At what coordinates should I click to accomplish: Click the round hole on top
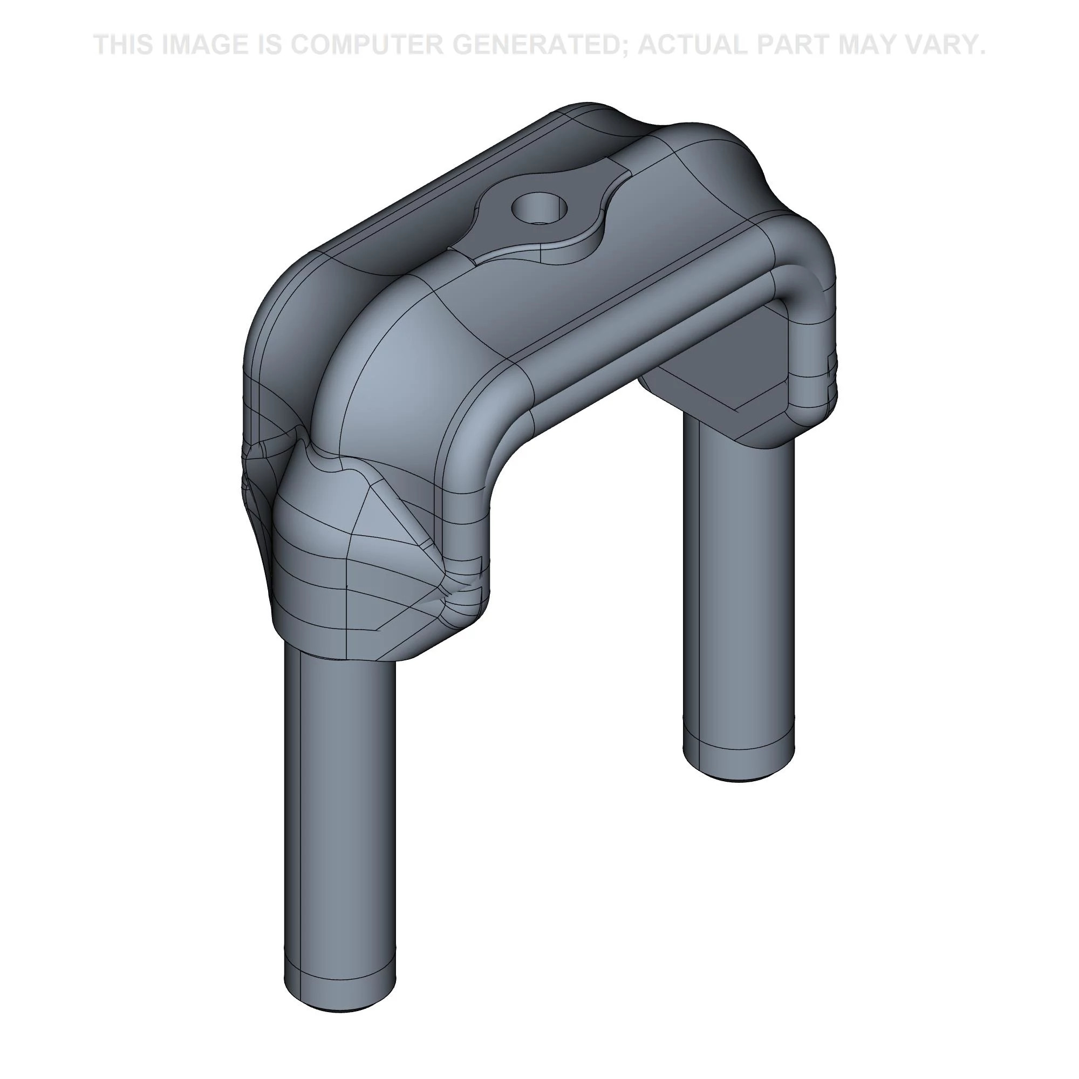tap(539, 209)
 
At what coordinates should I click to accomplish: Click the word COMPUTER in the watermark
tap(366, 45)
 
